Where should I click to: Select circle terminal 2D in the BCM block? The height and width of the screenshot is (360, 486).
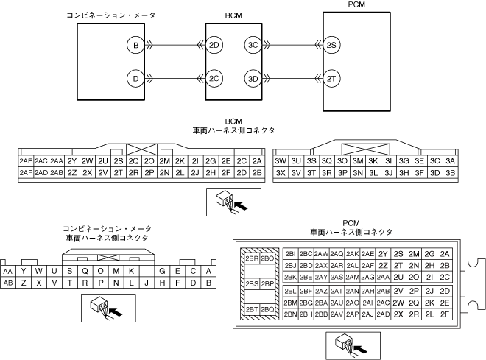click(215, 46)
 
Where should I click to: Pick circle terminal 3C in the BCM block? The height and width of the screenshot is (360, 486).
click(253, 46)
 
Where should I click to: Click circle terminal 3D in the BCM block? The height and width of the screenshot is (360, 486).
click(253, 78)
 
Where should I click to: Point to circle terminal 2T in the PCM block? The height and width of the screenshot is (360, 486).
click(331, 78)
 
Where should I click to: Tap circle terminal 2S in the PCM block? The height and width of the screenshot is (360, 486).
click(331, 46)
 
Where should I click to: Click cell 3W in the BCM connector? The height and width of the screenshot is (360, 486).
click(280, 160)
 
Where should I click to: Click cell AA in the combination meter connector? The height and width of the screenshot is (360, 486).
click(9, 270)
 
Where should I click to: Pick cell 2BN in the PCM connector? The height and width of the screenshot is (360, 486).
click(289, 314)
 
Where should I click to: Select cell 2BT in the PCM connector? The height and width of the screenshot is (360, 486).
click(251, 309)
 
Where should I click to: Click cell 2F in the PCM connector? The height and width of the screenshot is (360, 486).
click(444, 314)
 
